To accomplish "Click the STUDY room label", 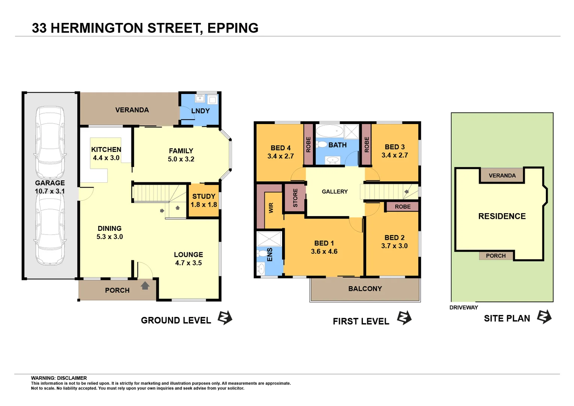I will (x=204, y=196).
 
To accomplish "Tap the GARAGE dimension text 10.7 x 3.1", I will (x=50, y=191).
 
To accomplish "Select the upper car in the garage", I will (x=50, y=143).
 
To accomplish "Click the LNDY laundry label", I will (x=200, y=111).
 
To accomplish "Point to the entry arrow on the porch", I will (x=145, y=286).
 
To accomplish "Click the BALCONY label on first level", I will (x=365, y=289).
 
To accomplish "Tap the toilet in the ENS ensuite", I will (x=262, y=253).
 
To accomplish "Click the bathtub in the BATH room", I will (x=329, y=131).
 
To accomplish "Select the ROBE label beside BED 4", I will (x=308, y=145).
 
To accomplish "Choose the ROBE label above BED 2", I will (x=402, y=207).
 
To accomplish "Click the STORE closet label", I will (x=295, y=198).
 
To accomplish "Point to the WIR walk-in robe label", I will (x=271, y=208).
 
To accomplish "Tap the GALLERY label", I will (x=335, y=192).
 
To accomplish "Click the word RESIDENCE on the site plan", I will (x=502, y=217).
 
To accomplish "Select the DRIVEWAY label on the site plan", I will (x=464, y=308).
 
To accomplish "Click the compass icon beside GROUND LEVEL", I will (x=225, y=318).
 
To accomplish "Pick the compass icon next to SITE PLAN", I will (x=544, y=317).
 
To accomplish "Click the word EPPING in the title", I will (x=233, y=28).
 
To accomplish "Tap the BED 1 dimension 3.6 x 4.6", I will (x=324, y=251).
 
